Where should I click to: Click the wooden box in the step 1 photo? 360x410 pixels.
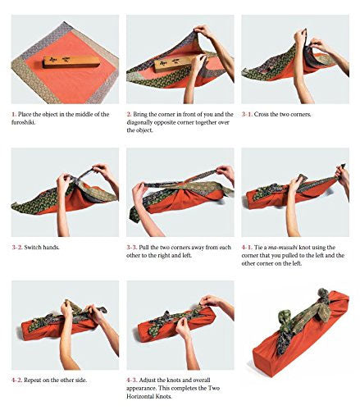[x=71, y=62]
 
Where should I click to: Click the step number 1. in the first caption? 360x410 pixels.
[x=14, y=114]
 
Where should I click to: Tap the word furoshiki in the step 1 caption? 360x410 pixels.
[x=23, y=122]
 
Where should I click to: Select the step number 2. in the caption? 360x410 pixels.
[x=129, y=114]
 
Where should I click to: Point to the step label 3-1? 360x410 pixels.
[x=247, y=114]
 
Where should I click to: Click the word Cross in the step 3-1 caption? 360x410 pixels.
[x=262, y=114]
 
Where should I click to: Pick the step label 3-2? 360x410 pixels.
[x=17, y=248]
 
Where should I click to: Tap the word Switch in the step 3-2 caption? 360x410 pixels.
[x=32, y=248]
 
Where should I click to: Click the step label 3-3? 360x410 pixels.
[x=132, y=248]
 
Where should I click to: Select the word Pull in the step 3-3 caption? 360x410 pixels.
[x=144, y=248]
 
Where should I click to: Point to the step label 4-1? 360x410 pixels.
[x=247, y=248]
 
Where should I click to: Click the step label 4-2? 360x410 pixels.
[x=17, y=380]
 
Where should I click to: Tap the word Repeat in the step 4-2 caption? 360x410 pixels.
[x=33, y=380]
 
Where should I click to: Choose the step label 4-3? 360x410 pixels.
[x=132, y=380]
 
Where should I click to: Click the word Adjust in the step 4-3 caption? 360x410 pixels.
[x=148, y=380]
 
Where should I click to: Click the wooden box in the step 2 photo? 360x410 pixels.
[x=173, y=65]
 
